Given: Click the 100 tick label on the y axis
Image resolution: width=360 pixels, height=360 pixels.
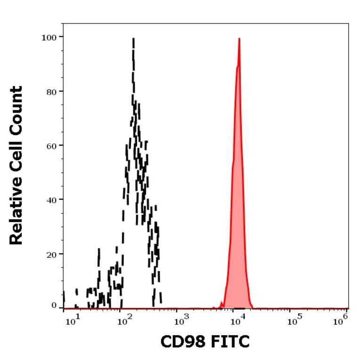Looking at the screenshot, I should (48, 37).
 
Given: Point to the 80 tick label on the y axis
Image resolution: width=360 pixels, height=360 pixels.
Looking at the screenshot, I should (50, 91).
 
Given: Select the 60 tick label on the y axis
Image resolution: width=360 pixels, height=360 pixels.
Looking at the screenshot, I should (50, 145).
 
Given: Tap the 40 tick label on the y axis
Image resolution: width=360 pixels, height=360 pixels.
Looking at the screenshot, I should (50, 200).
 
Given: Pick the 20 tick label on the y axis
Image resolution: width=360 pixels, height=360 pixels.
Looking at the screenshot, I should (50, 254).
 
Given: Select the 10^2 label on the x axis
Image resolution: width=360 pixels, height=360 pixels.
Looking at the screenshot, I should (124, 321).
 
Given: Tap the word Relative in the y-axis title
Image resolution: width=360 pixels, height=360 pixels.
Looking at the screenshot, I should (16, 213).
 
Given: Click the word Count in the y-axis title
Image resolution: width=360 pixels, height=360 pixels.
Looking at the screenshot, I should (16, 110).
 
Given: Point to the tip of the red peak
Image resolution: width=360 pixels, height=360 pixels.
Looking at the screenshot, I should (239, 39).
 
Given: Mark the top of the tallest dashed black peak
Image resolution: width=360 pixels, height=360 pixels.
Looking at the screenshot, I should (133, 39).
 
